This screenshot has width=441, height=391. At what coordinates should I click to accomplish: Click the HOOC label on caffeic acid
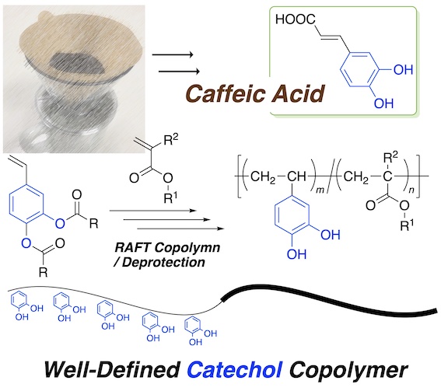point(296,19)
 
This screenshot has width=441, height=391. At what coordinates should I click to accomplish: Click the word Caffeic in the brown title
point(223,93)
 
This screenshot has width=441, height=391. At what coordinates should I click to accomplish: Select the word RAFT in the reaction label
point(132,248)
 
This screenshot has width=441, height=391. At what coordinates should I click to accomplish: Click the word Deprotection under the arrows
point(163,262)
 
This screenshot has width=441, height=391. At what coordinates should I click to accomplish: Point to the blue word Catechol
point(235,369)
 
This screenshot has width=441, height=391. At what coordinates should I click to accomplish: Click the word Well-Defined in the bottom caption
point(112,369)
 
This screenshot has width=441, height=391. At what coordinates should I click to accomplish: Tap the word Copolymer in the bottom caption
point(348,371)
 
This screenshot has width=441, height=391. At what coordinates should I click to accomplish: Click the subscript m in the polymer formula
point(320,190)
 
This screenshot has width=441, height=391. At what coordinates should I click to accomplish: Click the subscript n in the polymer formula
point(411,190)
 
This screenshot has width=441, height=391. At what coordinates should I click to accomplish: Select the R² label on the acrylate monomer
point(170,139)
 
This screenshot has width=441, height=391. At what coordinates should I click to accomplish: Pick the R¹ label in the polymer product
point(407,225)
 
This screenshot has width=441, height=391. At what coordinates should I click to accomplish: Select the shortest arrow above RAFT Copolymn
point(152,211)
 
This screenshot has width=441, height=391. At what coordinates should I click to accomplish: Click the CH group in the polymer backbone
point(296,176)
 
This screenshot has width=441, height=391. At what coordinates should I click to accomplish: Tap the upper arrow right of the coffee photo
point(173,54)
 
